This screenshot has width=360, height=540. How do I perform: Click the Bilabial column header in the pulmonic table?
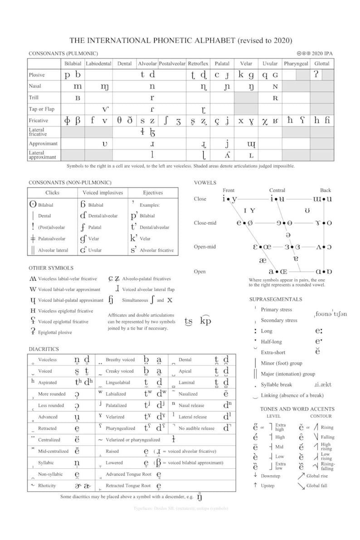click(73, 64)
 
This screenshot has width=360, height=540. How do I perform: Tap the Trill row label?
click(35, 97)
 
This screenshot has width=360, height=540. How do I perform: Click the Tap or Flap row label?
click(41, 109)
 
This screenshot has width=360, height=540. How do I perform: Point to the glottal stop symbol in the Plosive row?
click(316, 75)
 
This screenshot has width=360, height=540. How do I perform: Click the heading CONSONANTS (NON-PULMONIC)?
click(70, 182)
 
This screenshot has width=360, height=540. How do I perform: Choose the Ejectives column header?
click(154, 193)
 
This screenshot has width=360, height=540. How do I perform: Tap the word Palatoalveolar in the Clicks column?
click(52, 238)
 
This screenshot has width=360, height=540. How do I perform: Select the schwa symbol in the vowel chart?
click(289, 235)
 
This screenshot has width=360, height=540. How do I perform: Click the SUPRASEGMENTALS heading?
click(276, 299)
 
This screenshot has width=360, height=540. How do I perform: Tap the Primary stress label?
click(277, 310)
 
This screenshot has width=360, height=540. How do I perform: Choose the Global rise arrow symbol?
click(301, 476)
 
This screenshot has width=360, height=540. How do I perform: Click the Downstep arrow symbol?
click(256, 476)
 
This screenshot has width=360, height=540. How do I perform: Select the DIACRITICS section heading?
click(44, 349)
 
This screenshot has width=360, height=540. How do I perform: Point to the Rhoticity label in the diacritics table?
click(47, 486)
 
